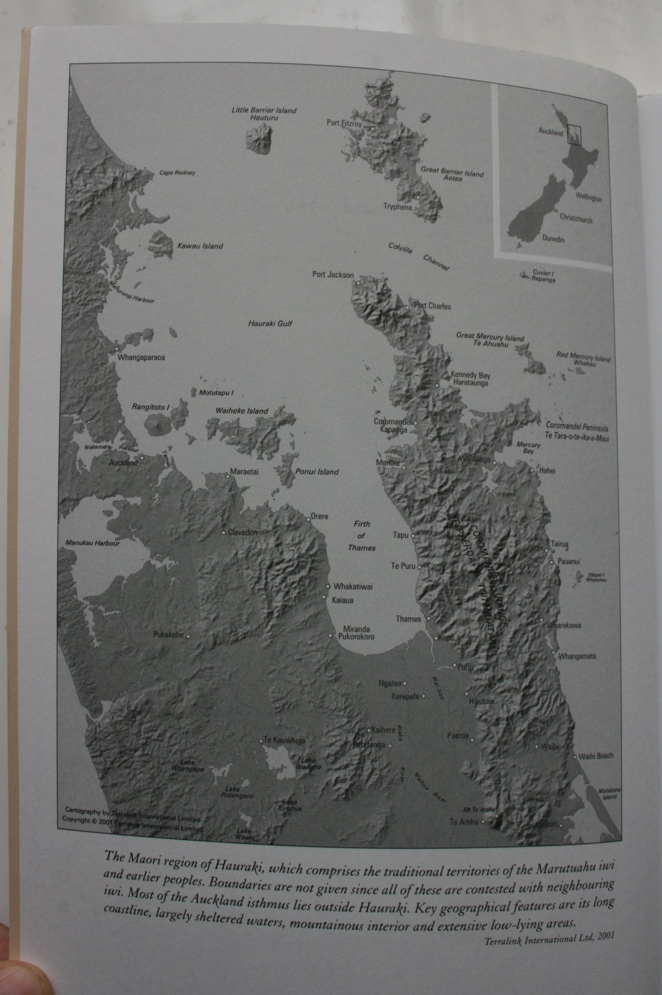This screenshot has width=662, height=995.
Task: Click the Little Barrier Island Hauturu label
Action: [x=264, y=114]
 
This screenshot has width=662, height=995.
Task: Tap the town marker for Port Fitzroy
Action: [x=373, y=128]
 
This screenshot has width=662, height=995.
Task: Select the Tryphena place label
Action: [x=397, y=207]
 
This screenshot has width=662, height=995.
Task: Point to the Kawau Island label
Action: [x=200, y=246]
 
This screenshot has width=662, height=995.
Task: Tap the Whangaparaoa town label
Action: [x=141, y=357]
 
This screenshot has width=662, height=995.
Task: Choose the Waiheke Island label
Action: [x=242, y=411]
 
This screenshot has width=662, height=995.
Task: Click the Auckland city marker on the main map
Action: [x=142, y=457]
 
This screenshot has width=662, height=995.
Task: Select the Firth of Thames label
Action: [x=362, y=536]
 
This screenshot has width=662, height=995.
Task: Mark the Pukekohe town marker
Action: [x=188, y=636]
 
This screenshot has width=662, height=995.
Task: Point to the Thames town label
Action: [x=409, y=619]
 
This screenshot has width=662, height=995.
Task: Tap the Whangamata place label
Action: [x=577, y=656]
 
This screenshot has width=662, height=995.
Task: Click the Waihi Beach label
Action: [x=596, y=756]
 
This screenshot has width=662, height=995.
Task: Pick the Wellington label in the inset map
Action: [x=589, y=198]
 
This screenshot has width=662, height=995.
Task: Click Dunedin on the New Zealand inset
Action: [x=553, y=239]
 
